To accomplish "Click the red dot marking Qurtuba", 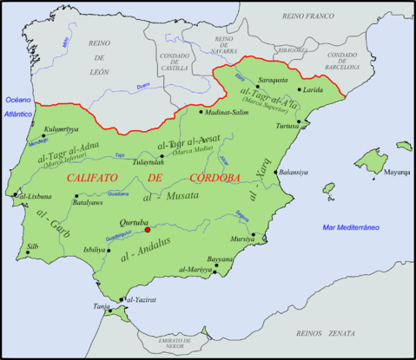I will pyautogui.click(x=148, y=230).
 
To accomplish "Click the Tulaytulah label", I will pyautogui.click(x=149, y=160).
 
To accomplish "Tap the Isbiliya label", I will pyautogui.click(x=119, y=249).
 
